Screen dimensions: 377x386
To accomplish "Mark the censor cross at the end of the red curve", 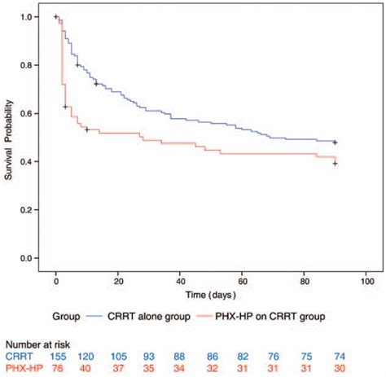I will coord(335,164).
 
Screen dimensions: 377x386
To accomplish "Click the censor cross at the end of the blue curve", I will coord(335,142).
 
